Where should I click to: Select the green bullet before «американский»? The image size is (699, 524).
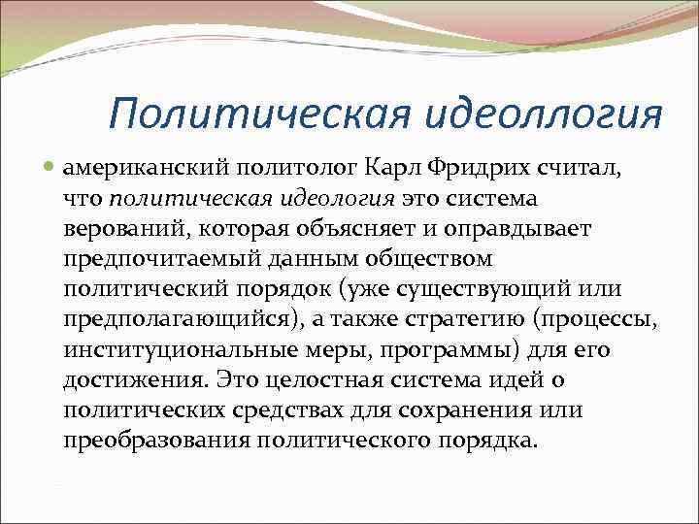click(50, 168)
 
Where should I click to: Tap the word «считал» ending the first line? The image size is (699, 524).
click(601, 168)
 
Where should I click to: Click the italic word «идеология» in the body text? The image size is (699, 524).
click(319, 198)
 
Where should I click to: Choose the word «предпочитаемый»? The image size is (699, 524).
click(156, 259)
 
